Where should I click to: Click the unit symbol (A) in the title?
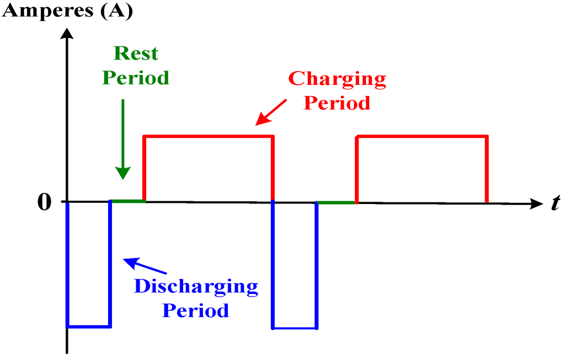click(116, 11)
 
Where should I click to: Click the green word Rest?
click(136, 53)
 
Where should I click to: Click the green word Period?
click(136, 78)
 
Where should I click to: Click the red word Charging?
click(337, 78)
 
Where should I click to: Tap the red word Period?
click(337, 103)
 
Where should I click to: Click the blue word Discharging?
click(196, 286)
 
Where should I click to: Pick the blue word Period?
click(195, 310)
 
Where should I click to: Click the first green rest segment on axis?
click(127, 201)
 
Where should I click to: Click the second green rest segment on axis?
click(336, 202)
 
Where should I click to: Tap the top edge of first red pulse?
click(209, 136)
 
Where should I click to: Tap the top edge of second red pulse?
click(422, 136)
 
